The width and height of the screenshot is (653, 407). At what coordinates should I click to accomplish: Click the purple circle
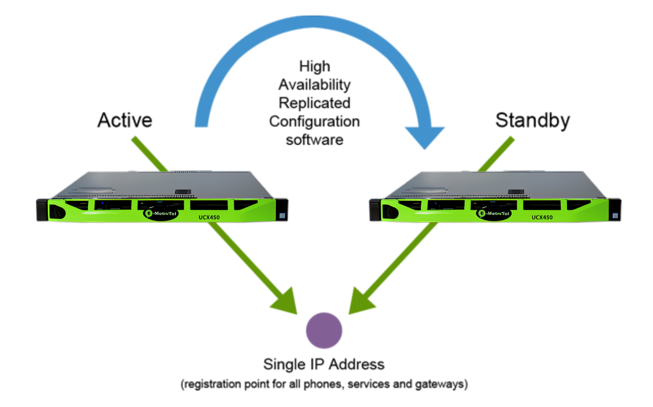pos(324,330)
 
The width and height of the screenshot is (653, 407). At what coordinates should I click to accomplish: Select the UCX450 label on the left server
pos(209,218)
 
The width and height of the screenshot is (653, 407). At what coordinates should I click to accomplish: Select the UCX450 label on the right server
pos(543,218)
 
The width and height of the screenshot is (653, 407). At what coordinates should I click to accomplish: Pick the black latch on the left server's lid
pos(182,192)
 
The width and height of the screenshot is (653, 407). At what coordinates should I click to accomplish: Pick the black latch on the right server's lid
pos(516,192)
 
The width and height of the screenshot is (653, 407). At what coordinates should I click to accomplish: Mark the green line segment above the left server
pos(150,153)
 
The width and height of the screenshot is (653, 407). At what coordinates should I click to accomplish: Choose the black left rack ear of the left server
pos(41,210)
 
